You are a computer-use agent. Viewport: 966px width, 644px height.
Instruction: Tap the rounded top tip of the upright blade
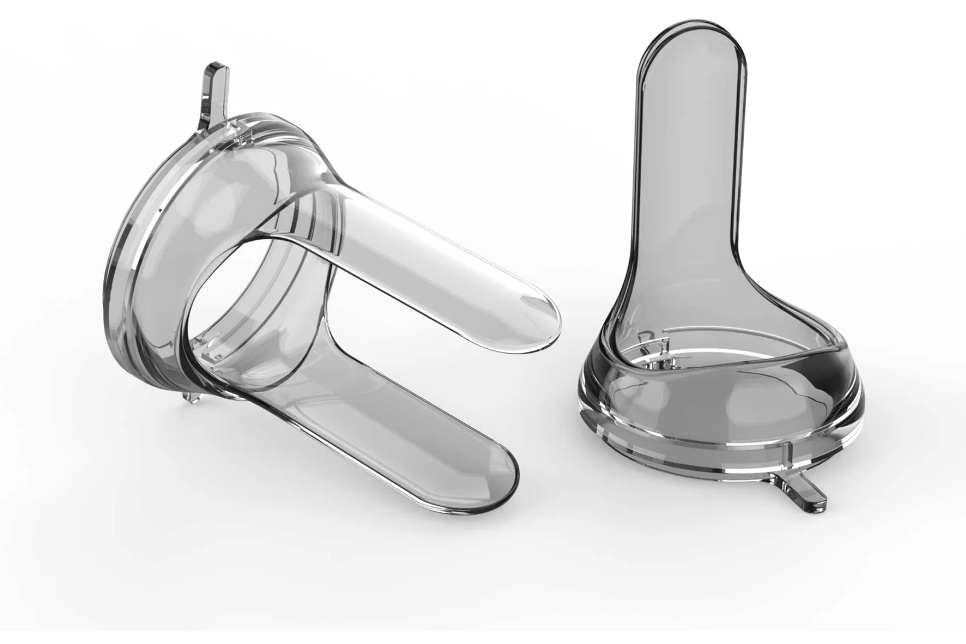688,42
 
